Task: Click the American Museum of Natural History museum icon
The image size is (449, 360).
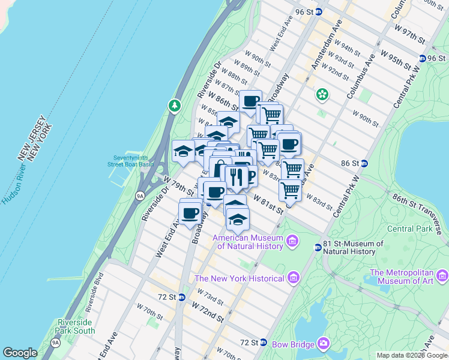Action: (x=292, y=242)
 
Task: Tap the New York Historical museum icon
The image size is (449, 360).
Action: (x=293, y=278)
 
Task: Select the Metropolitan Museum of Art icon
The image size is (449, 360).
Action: (x=442, y=276)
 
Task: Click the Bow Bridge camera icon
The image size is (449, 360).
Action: (x=324, y=343)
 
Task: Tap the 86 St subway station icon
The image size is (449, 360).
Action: (x=364, y=163)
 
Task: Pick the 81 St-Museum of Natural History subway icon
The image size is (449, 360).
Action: (x=318, y=247)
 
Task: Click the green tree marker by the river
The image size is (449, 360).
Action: (x=175, y=106)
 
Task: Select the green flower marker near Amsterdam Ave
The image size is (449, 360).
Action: (x=322, y=94)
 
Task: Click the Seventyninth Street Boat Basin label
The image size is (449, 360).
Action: (x=130, y=161)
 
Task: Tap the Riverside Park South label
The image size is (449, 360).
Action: (x=76, y=326)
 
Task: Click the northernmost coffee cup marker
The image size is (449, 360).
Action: (x=250, y=100)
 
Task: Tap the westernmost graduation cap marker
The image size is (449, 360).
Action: (x=183, y=150)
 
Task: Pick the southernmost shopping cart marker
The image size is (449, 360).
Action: (x=291, y=190)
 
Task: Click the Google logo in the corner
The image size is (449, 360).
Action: (x=20, y=352)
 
